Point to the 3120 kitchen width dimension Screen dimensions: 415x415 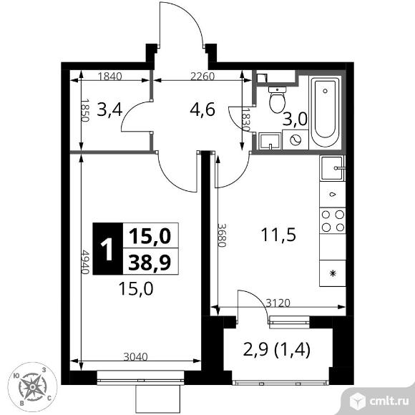278,303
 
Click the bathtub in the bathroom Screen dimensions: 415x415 326,110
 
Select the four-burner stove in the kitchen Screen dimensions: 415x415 332,220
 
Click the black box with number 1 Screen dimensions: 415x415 108,250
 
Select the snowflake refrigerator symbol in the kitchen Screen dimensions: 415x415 332,273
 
